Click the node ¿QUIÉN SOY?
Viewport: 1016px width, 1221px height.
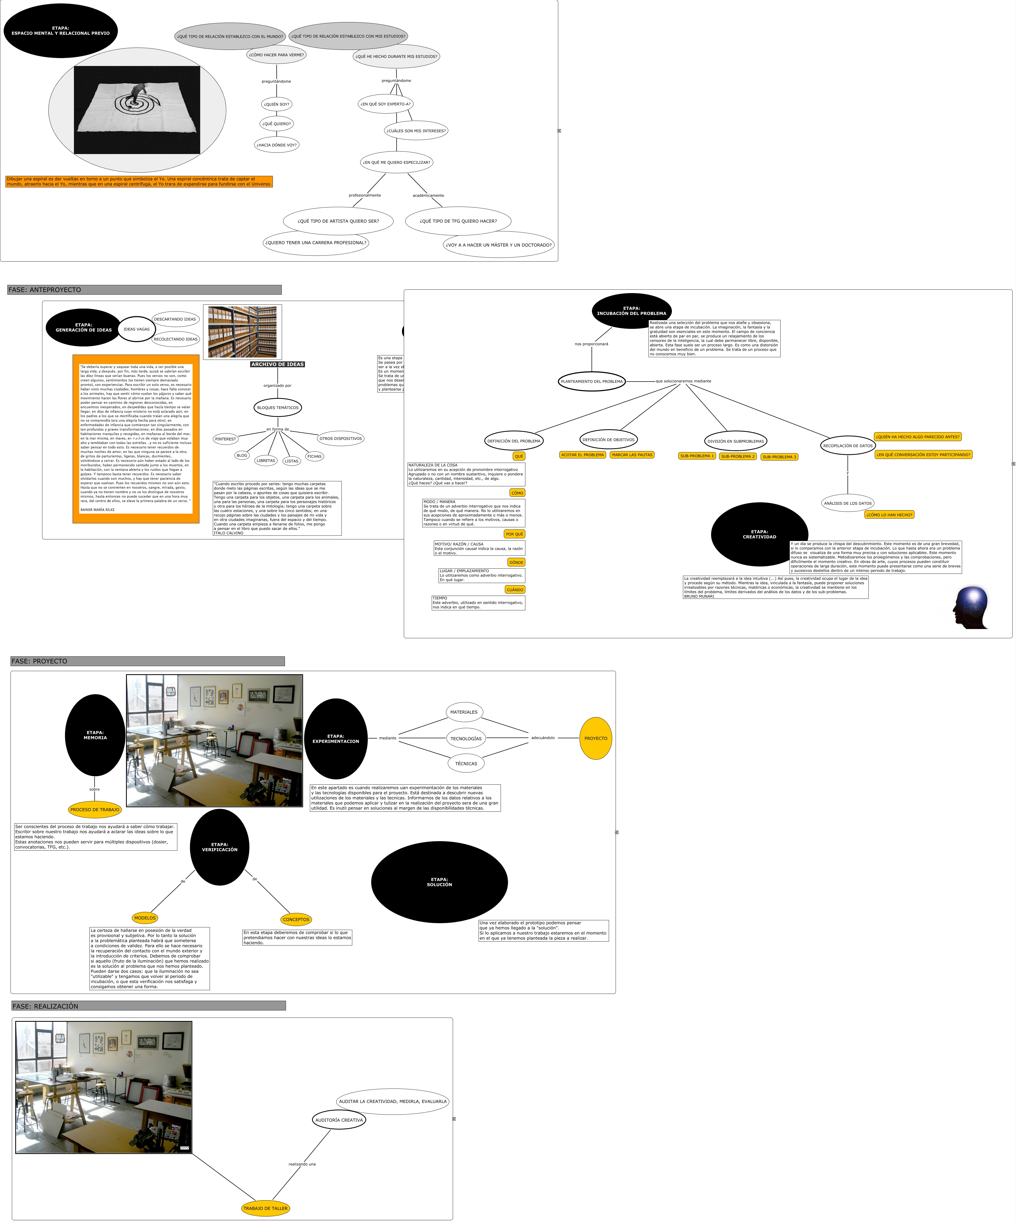[276, 105]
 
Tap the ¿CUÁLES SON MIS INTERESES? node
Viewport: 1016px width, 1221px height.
[416, 131]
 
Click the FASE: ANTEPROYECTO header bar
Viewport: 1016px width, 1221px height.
[144, 290]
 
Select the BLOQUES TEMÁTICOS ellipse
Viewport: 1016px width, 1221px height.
[278, 408]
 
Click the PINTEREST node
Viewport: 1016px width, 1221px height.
[225, 439]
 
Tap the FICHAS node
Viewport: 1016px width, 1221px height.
[314, 456]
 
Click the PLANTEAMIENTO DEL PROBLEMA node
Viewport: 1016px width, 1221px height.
[592, 381]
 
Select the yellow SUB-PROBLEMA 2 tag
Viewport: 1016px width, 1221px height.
[737, 456]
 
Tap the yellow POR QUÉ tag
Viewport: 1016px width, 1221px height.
[514, 534]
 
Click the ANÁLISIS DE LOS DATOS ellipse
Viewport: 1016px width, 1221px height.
[848, 504]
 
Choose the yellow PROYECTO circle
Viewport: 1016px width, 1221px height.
[595, 738]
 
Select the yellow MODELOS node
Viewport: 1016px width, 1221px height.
[145, 918]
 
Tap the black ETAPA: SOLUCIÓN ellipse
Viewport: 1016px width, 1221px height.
[439, 882]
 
